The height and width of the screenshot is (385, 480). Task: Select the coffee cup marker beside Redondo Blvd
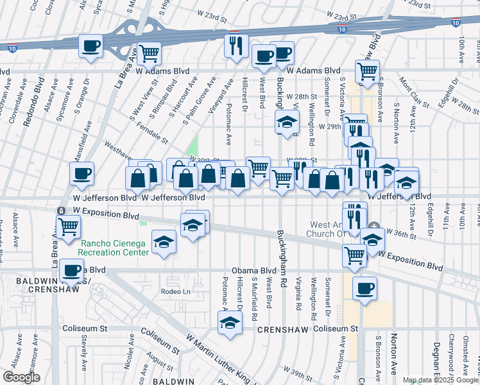tap(81, 173)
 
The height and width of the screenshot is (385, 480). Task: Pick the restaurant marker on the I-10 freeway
tap(236, 46)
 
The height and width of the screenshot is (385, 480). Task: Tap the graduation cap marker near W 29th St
tap(287, 121)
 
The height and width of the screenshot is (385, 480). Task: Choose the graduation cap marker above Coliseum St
tap(229, 323)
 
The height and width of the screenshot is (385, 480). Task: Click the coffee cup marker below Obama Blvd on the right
tap(364, 288)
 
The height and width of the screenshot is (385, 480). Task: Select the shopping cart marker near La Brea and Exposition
tap(69, 226)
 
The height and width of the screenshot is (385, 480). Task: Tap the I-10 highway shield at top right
tap(455, 23)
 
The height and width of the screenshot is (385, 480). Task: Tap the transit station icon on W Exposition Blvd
tap(60, 210)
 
